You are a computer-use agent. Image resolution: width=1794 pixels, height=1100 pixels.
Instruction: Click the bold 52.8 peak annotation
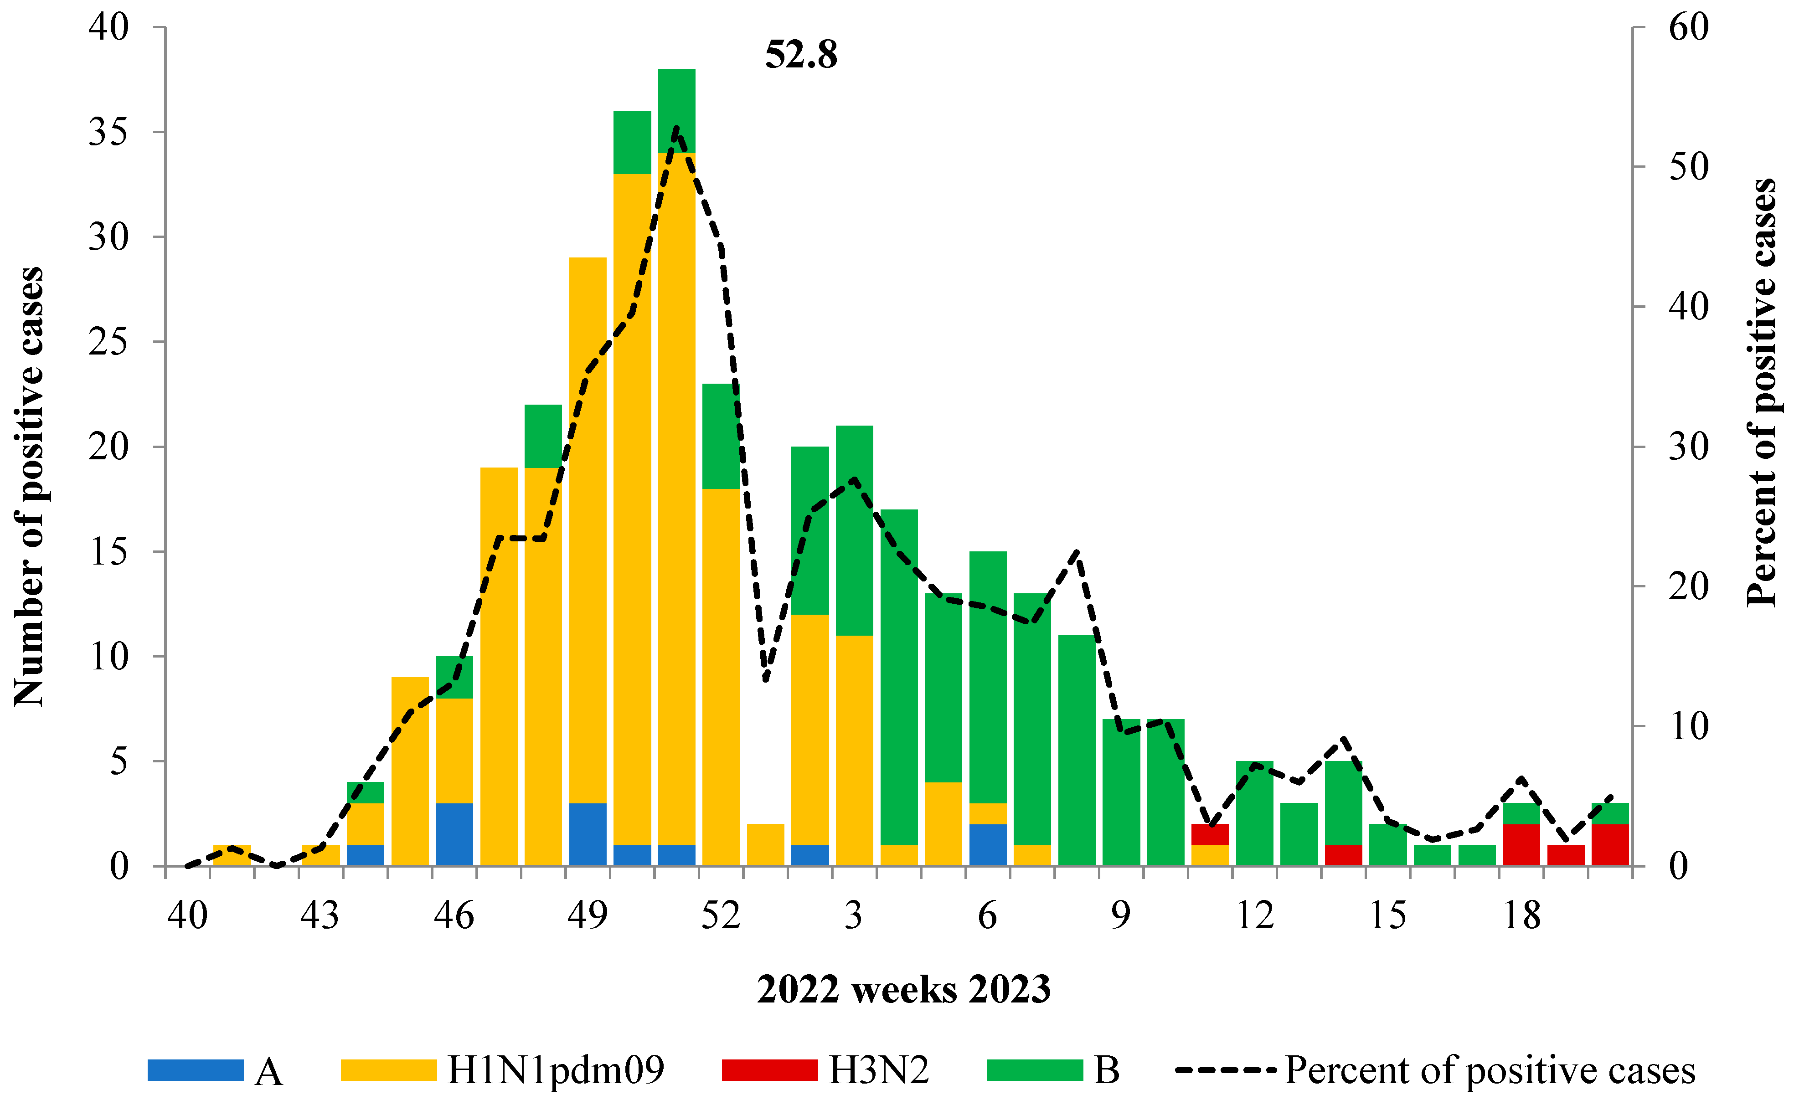pos(801,55)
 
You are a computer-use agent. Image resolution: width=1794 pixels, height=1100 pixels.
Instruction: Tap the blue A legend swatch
pos(195,1069)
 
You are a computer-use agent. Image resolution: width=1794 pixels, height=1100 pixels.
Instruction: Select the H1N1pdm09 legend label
pos(556,1069)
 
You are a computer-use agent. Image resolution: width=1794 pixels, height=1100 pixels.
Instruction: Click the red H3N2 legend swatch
pos(769,1069)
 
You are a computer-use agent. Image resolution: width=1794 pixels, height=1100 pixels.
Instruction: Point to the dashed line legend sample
pos(1225,1069)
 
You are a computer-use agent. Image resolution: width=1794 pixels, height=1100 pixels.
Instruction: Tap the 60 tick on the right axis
pos(1688,28)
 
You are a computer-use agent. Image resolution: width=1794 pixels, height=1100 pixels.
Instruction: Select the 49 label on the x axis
pos(588,915)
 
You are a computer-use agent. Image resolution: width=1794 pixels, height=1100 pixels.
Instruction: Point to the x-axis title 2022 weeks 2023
pos(903,989)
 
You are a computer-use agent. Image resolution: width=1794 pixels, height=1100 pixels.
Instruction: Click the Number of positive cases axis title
pos(29,486)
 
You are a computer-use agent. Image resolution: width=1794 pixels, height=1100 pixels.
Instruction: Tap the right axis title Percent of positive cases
pos(1762,393)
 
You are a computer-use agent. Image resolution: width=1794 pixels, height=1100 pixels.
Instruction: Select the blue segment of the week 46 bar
pos(454,834)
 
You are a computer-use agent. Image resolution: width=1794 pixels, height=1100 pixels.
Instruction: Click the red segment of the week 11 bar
pos(1210,834)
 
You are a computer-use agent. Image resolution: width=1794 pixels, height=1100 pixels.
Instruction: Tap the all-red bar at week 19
pos(1565,855)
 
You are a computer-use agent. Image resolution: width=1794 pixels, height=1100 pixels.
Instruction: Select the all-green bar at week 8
pos(1077,750)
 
